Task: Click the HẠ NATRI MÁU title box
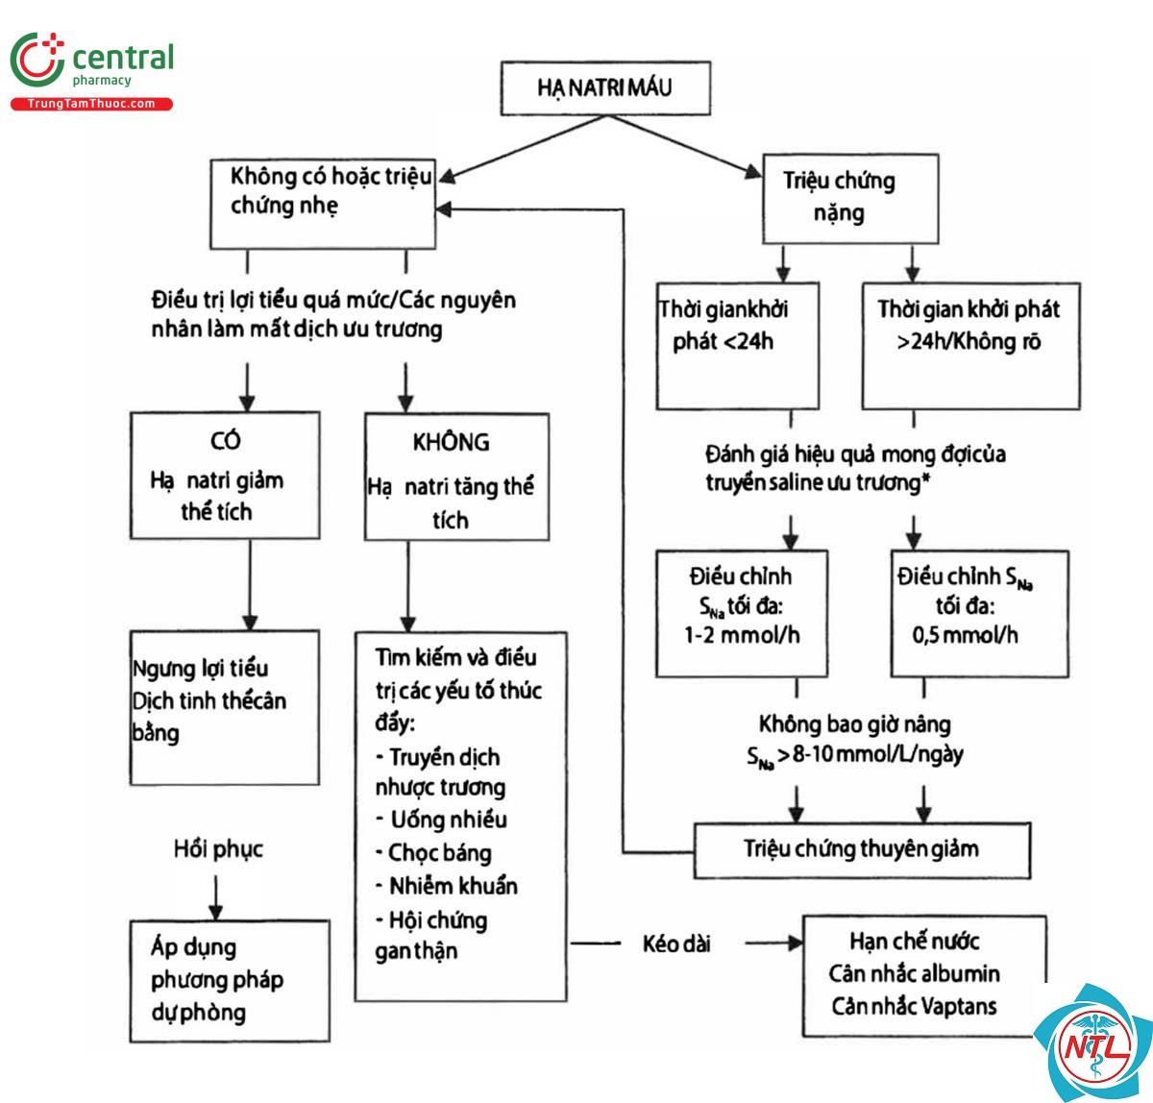coord(605,87)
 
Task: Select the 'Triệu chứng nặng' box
coord(850,199)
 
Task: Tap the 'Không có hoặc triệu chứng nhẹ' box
coord(323,203)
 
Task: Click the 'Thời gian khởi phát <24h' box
coord(738,345)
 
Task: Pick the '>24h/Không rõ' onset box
coord(970,346)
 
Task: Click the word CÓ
coord(225,441)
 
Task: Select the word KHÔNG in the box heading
coord(451,443)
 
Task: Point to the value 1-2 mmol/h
coord(742,636)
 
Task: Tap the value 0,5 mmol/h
coord(966,636)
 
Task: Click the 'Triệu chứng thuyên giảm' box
coord(862,850)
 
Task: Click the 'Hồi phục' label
coord(218,849)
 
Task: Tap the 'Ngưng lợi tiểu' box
coord(225,707)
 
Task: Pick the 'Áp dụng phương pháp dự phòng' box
coord(230,981)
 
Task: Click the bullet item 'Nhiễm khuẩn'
coord(447,887)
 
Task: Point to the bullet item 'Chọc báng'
coord(433,853)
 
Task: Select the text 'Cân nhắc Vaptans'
coord(914,1007)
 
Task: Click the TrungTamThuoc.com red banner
coord(91,104)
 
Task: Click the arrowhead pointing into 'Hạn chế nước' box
coord(796,944)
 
